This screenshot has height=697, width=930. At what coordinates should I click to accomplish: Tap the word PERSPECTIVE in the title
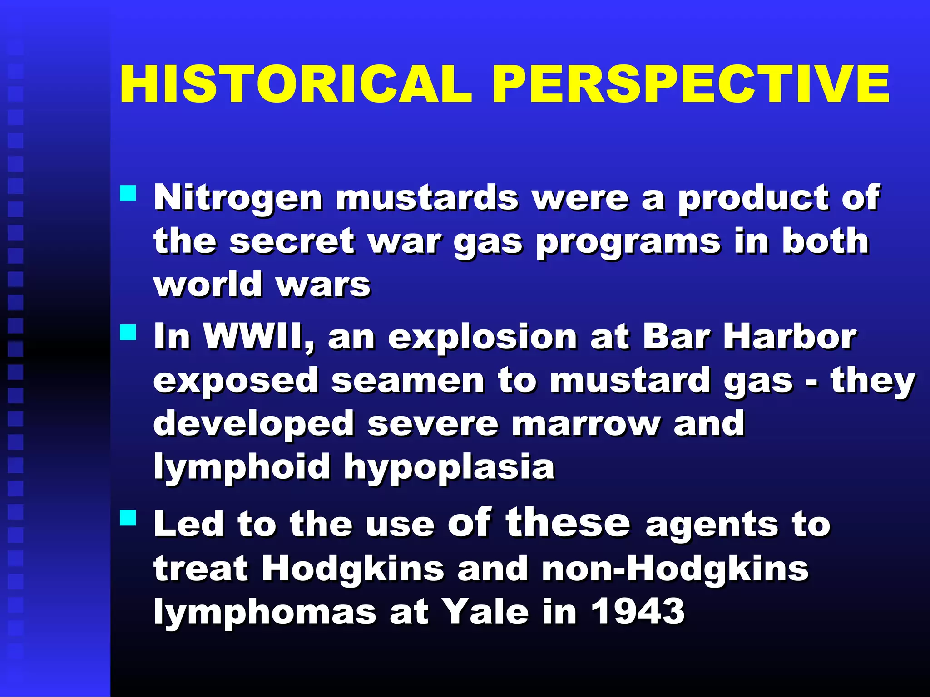click(x=691, y=85)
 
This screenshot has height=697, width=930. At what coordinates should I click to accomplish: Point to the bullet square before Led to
click(x=128, y=517)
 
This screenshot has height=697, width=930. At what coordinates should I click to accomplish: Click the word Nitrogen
click(x=238, y=198)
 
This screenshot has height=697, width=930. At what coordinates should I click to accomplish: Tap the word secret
click(x=292, y=241)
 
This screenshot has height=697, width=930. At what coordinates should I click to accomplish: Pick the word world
click(x=208, y=285)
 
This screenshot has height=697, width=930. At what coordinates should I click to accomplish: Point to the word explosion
click(x=482, y=338)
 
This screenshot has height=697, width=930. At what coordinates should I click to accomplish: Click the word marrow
click(x=586, y=424)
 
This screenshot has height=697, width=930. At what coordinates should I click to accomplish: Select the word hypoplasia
click(x=449, y=468)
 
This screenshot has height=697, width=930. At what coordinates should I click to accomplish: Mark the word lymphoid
click(x=242, y=468)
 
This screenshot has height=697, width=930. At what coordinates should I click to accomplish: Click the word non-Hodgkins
click(x=675, y=569)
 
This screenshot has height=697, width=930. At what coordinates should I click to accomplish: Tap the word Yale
click(x=485, y=612)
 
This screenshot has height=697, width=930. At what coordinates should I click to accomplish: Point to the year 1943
click(x=638, y=612)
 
